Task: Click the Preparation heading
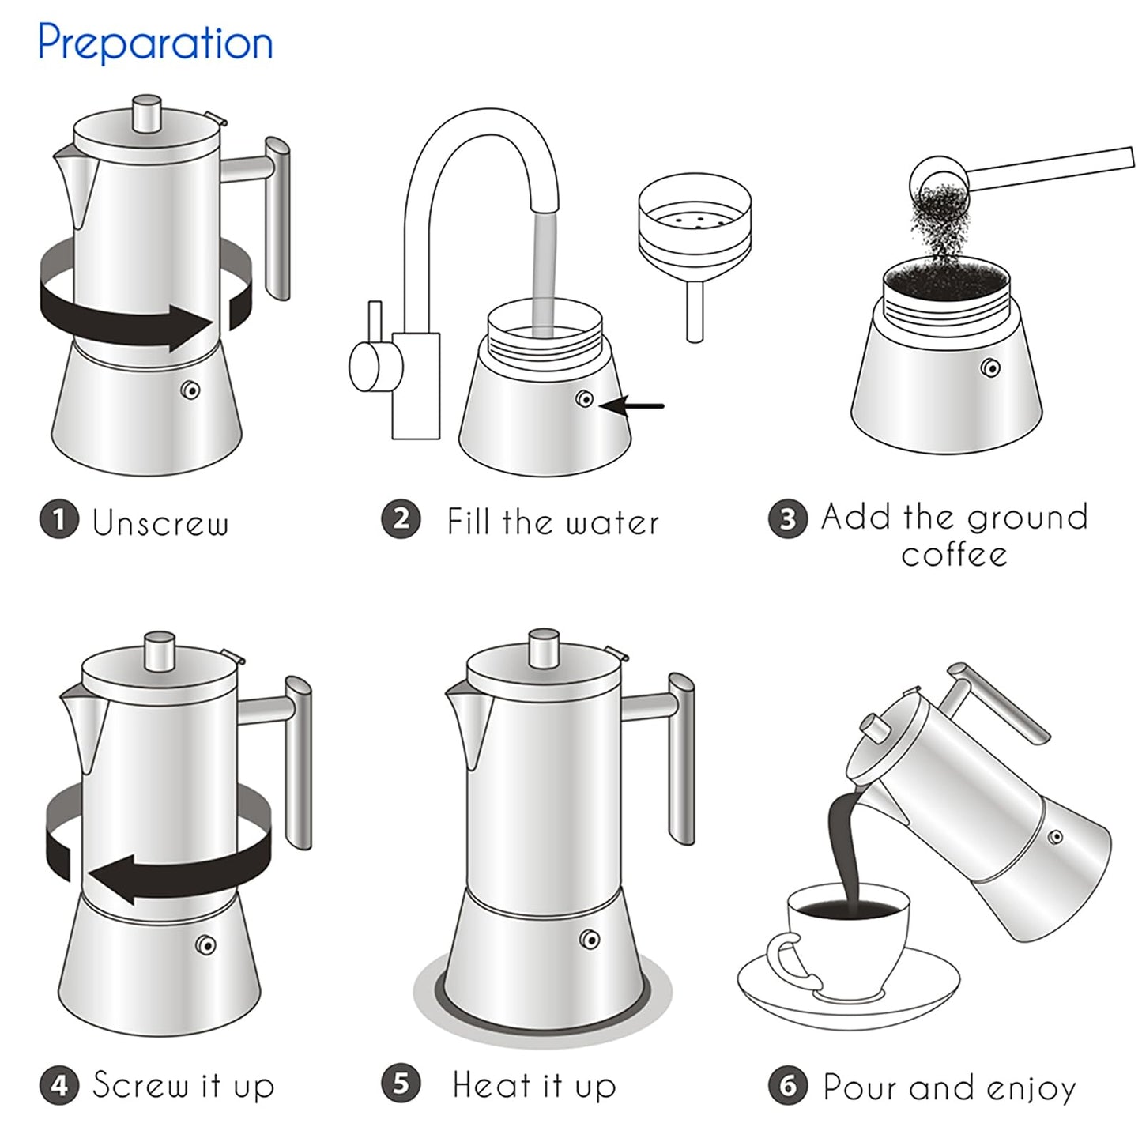click(x=155, y=43)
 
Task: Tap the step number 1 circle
click(x=59, y=521)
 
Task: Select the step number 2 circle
click(x=401, y=520)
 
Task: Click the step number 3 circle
click(x=788, y=519)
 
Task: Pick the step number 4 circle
click(x=59, y=1085)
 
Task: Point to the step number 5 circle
click(x=401, y=1084)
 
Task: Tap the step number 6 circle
click(x=788, y=1086)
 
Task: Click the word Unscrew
click(x=160, y=523)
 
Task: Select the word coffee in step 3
click(x=954, y=555)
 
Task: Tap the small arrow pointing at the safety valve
click(x=632, y=406)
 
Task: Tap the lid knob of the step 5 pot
click(x=544, y=648)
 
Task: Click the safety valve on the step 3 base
click(x=989, y=367)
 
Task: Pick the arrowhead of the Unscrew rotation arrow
click(x=190, y=326)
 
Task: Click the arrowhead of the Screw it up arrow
click(x=111, y=879)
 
